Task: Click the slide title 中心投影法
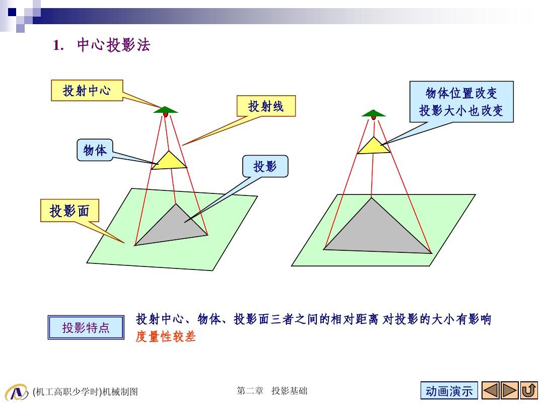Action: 113,45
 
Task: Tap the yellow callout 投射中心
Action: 87,91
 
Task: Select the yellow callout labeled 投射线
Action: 266,106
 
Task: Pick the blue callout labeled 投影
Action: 265,166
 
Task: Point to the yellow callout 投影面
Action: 70,211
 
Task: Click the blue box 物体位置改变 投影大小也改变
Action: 461,102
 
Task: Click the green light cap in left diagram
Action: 166,110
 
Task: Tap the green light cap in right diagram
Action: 374,113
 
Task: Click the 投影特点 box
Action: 86,327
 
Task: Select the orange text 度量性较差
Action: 166,336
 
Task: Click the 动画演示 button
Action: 449,391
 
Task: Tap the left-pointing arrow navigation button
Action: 491,391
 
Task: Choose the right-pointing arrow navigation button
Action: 509,391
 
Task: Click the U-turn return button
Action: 529,391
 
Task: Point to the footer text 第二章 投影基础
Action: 272,391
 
